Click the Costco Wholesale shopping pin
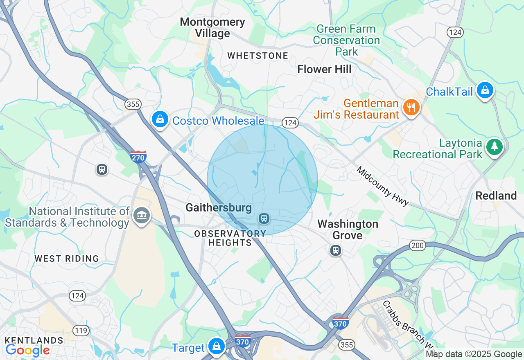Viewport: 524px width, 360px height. (160, 119)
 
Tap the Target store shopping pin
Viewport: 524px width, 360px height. (216, 346)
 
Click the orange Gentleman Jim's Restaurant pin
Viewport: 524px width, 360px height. (411, 108)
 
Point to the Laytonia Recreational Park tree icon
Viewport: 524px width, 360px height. (495, 146)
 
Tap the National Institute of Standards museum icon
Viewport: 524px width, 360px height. (142, 215)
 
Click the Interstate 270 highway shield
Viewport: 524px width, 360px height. (138, 157)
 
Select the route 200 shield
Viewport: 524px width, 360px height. (417, 245)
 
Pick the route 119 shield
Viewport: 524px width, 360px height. (81, 330)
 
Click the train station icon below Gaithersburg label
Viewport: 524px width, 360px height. (264, 218)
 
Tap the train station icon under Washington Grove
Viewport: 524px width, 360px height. (336, 250)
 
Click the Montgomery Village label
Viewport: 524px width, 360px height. (212, 27)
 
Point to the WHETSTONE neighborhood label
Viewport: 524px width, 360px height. (258, 56)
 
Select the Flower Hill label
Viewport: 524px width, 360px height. (324, 70)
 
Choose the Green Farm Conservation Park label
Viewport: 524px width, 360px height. (346, 40)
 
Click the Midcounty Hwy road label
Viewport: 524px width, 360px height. (383, 186)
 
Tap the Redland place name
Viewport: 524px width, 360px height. (496, 196)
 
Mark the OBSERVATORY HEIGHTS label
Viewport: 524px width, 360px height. (230, 238)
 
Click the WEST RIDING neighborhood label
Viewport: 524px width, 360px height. (67, 259)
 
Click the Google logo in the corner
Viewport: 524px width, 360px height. (27, 350)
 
